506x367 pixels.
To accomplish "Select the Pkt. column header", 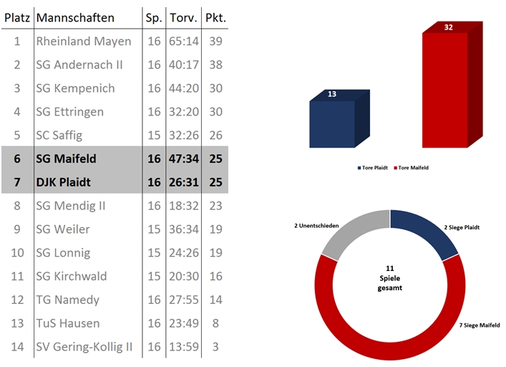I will point(215,17).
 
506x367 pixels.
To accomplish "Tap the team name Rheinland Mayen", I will point(84,41).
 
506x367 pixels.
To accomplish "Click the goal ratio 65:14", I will point(184,41).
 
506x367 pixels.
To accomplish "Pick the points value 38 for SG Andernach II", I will point(215,65).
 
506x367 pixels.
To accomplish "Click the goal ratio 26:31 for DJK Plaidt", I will point(184,182).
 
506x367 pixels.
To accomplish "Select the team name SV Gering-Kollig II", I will point(84,347).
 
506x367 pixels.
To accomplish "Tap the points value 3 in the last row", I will point(215,347).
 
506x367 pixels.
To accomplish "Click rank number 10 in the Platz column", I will point(17,252).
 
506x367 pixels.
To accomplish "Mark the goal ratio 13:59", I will point(184,347).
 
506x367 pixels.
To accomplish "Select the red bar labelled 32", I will point(444,90).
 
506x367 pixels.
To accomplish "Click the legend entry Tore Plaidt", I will point(371,168).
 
